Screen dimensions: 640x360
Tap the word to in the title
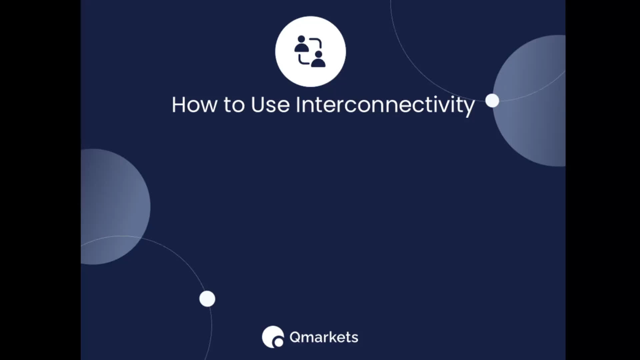coord(234,105)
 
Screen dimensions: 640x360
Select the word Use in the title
coord(270,105)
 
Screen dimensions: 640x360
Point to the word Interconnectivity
coord(385,106)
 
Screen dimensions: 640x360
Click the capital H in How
coord(178,105)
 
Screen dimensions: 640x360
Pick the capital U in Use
coord(258,105)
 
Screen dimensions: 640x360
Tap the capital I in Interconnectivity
coord(298,105)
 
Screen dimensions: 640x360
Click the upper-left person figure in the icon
coord(301,44)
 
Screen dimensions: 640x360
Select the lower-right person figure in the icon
coord(318,59)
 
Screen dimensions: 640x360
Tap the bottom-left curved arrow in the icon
coord(303,60)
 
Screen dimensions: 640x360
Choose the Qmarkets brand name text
coord(324,337)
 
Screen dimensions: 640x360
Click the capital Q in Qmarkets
coord(295,337)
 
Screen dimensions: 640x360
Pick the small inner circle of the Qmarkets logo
coord(278,342)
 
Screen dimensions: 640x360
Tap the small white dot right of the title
coord(492,100)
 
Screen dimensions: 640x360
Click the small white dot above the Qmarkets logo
coord(207,299)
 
